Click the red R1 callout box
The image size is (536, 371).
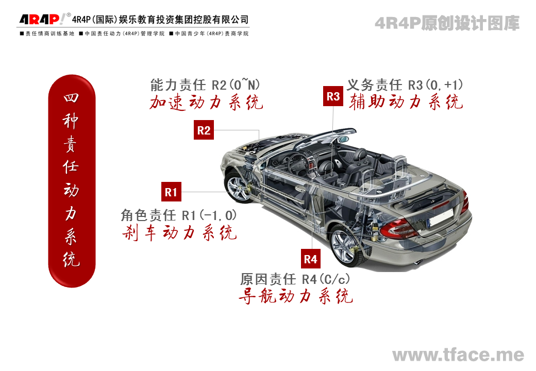tap(171, 192)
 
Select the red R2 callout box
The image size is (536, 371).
tap(204, 130)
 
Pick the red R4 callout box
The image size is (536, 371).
tap(310, 259)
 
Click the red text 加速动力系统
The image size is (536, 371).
tap(206, 102)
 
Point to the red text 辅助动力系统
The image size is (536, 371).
tap(406, 102)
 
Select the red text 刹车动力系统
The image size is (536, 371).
tap(179, 232)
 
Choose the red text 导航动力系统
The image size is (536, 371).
tap(296, 296)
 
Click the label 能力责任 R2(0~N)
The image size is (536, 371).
tap(205, 85)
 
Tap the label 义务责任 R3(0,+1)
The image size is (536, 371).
tap(405, 85)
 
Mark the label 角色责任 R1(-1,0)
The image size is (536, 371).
tap(179, 215)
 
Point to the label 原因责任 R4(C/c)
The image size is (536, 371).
tap(295, 279)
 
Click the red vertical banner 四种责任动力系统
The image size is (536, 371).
tap(72, 181)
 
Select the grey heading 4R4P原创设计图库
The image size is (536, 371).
tap(447, 23)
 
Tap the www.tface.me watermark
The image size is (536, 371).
tap(458, 355)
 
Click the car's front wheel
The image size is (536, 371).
tap(238, 187)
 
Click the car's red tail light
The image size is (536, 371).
tap(399, 227)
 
